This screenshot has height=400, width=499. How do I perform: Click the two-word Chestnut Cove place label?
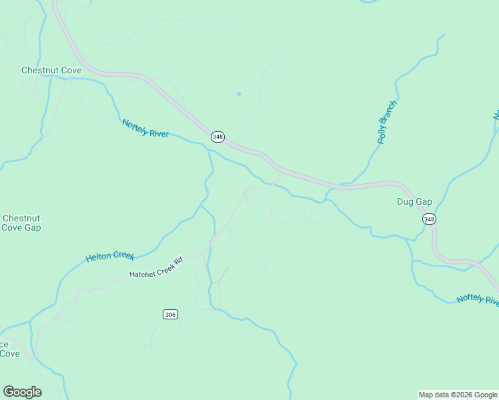pyautogui.click(x=51, y=70)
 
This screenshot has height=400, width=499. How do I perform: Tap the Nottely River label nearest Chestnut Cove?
pyautogui.click(x=145, y=128)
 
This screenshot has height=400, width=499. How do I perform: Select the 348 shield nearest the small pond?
pyautogui.click(x=217, y=137)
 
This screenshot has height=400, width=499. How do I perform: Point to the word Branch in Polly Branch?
pyautogui.click(x=390, y=111)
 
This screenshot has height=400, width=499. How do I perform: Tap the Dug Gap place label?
pyautogui.click(x=415, y=201)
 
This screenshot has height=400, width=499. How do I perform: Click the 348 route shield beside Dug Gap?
pyautogui.click(x=429, y=219)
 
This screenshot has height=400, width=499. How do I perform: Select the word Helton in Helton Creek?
pyautogui.click(x=99, y=257)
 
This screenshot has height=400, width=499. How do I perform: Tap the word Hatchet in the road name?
pyautogui.click(x=143, y=274)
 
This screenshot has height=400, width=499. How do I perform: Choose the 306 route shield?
pyautogui.click(x=170, y=314)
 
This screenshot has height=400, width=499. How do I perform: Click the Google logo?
pyautogui.click(x=22, y=392)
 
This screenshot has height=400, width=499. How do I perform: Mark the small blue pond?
pyautogui.click(x=238, y=94)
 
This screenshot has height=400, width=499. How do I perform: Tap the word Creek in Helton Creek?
pyautogui.click(x=123, y=255)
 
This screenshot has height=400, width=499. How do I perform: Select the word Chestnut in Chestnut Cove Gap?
pyautogui.click(x=21, y=218)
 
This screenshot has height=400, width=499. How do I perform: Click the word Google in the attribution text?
pyautogui.click(x=483, y=395)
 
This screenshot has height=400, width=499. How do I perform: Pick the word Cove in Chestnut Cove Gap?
pyautogui.click(x=11, y=227)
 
